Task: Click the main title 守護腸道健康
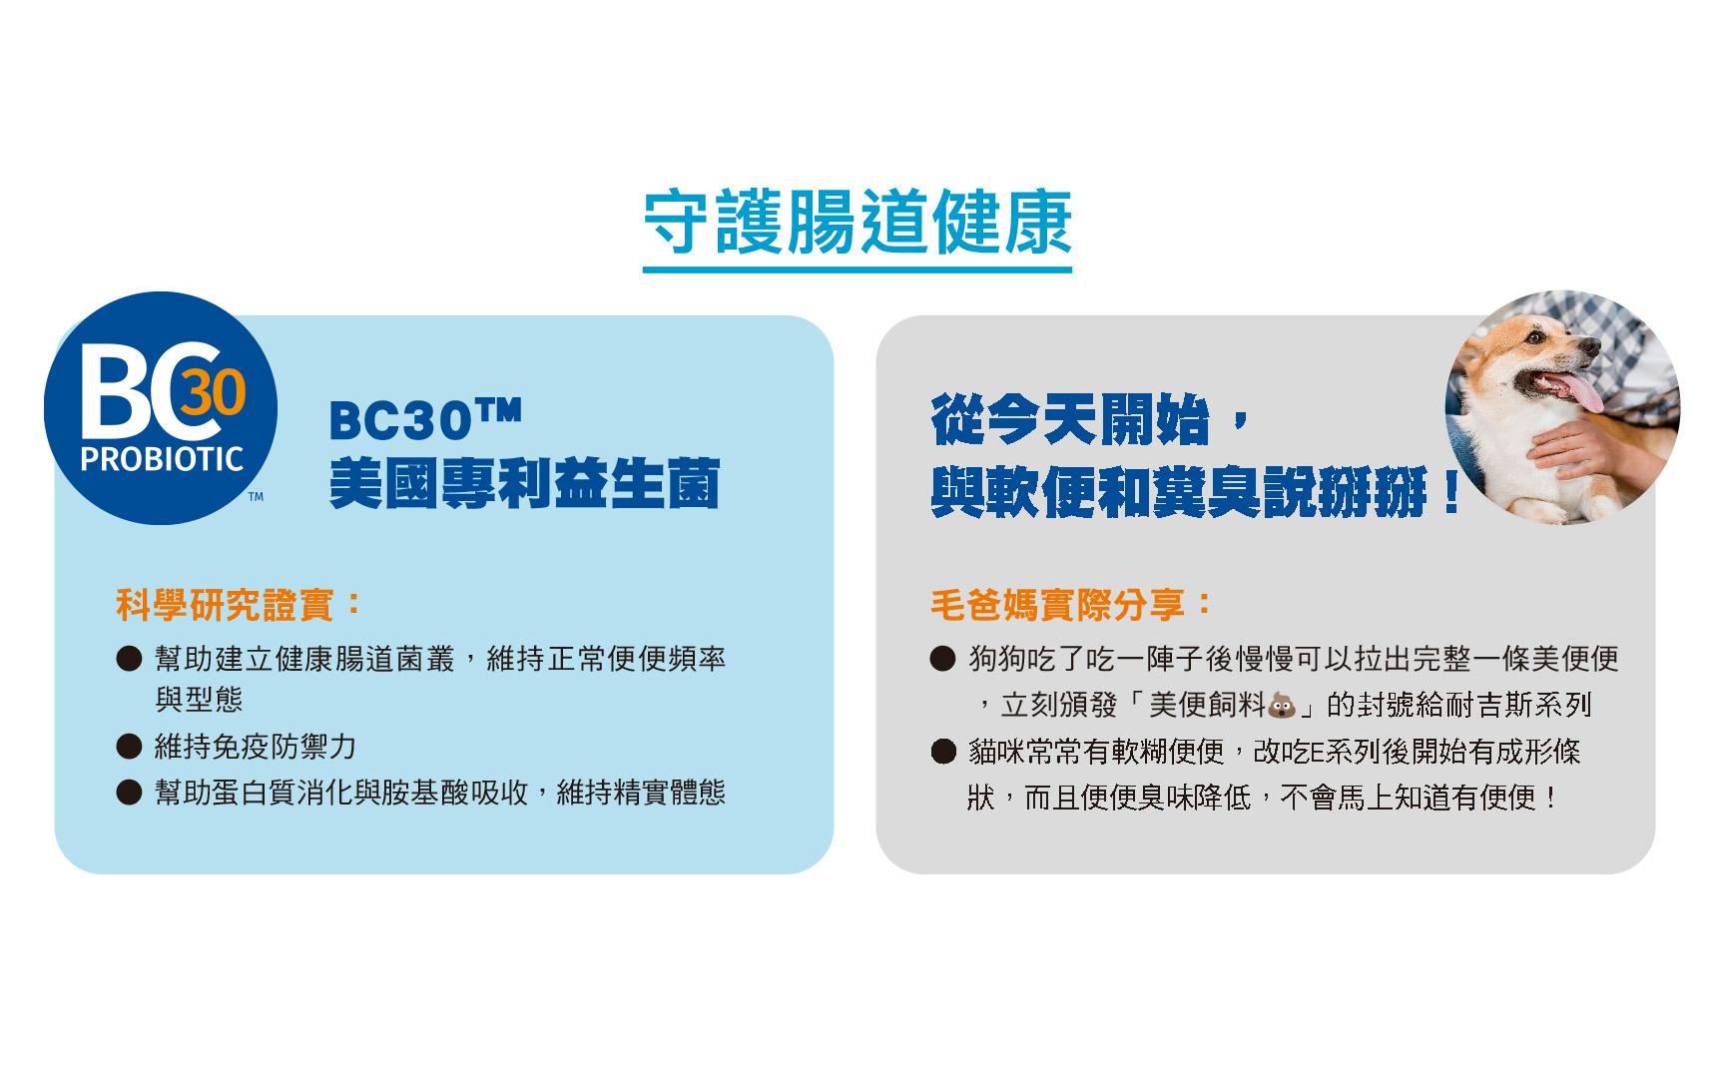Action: (858, 222)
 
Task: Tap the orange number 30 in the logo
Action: (212, 392)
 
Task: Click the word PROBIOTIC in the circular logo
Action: (162, 459)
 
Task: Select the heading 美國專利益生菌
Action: (524, 484)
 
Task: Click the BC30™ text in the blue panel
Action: (425, 419)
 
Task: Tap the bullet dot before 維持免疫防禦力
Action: (129, 747)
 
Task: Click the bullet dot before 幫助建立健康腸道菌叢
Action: (129, 659)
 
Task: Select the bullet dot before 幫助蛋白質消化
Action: (129, 793)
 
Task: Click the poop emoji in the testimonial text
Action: (1282, 706)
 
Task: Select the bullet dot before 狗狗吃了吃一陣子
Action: (942, 659)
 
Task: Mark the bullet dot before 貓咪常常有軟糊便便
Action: (942, 751)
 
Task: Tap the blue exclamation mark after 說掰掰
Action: (1451, 491)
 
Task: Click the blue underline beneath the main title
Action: (858, 268)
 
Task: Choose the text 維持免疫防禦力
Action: (256, 747)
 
